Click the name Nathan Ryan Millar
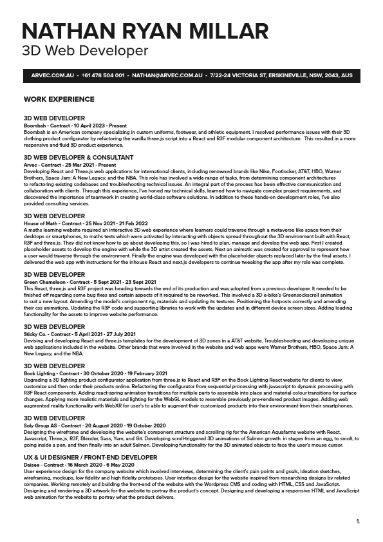[x=145, y=31]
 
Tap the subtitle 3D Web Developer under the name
[x=85, y=51]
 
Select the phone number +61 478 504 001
[x=104, y=76]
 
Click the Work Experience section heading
[x=59, y=99]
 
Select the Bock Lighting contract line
[x=95, y=373]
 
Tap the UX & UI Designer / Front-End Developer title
[x=91, y=457]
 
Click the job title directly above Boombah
[x=54, y=118]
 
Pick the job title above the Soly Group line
[x=54, y=418]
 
